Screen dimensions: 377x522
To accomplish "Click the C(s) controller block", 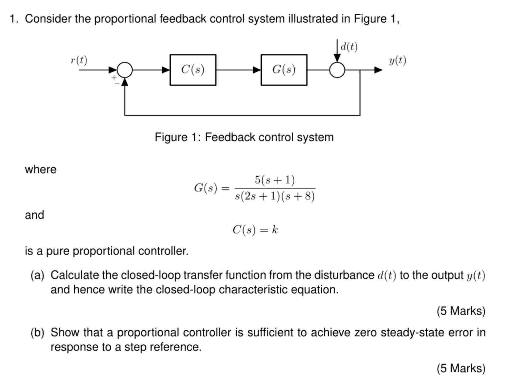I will (x=193, y=70).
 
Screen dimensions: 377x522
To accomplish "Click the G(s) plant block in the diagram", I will (x=284, y=70).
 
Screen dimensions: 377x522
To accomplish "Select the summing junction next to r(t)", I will (x=125, y=70).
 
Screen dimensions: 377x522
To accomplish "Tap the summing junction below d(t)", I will (x=337, y=70).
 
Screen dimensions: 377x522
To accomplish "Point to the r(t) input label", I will (x=79, y=60).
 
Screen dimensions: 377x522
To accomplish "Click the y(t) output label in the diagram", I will (x=397, y=61).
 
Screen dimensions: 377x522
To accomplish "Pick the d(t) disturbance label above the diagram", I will (x=349, y=47).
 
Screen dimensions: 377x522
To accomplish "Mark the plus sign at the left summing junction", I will (x=114, y=78).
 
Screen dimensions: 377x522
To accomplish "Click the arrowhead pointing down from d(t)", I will (x=337, y=58).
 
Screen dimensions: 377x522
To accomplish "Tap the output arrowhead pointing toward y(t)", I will (x=378, y=70).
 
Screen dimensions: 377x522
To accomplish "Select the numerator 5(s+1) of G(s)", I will (x=275, y=180).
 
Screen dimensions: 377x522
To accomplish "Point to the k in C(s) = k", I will (x=275, y=230).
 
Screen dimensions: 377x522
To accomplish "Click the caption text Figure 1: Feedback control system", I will (x=244, y=137).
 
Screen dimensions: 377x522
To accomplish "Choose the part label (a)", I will (x=37, y=275).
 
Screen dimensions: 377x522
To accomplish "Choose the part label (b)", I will (x=37, y=332).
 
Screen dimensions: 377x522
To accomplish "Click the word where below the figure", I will (x=41, y=169).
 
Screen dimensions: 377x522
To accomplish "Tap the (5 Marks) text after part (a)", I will (x=461, y=311).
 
